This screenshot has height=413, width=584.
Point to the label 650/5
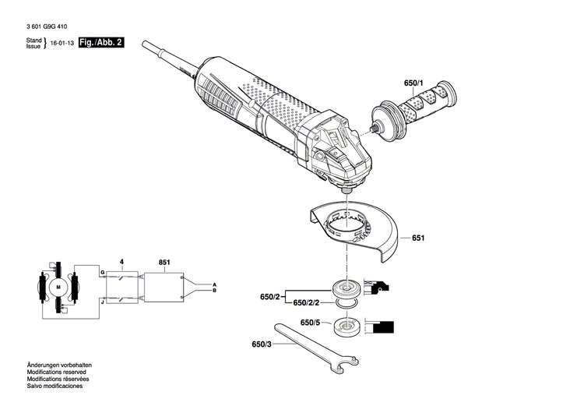coord(310,323)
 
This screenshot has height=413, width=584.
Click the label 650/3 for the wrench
coord(262,344)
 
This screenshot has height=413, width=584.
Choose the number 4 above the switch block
coord(121,263)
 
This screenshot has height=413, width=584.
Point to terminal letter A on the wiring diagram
coord(214,284)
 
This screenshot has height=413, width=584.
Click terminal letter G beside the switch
coord(101,271)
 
